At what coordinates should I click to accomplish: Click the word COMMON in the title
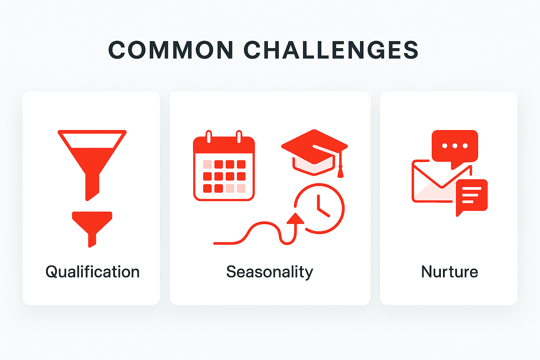coord(171,50)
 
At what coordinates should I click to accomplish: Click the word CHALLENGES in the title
coord(331,50)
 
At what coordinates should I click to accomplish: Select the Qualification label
coord(92,272)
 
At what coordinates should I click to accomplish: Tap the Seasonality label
coord(270,272)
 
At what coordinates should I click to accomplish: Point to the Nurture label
coord(449,272)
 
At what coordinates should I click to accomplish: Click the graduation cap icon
coord(314,151)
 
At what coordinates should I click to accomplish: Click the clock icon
coord(320,208)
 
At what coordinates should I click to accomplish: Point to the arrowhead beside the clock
coord(295,219)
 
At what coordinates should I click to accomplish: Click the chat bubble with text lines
coord(471,195)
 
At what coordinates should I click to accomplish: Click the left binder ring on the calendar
coord(208,137)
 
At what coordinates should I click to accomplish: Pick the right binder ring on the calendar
coord(239,137)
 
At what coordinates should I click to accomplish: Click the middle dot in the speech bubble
coord(455,146)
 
